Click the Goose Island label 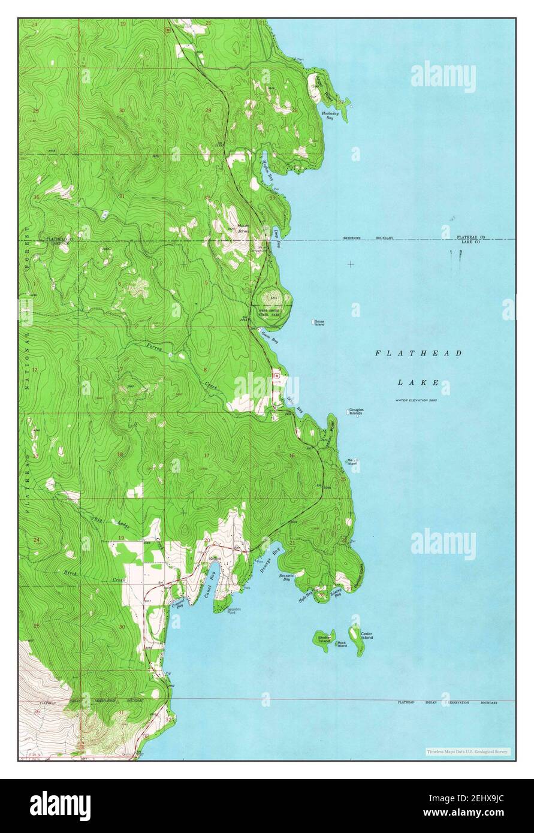point(319,323)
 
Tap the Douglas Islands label point(356,412)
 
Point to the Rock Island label point(342,644)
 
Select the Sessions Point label point(234,611)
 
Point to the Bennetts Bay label point(285,578)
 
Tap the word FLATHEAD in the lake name point(418,354)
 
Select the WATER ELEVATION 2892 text point(416,400)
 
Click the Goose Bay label point(271,337)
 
